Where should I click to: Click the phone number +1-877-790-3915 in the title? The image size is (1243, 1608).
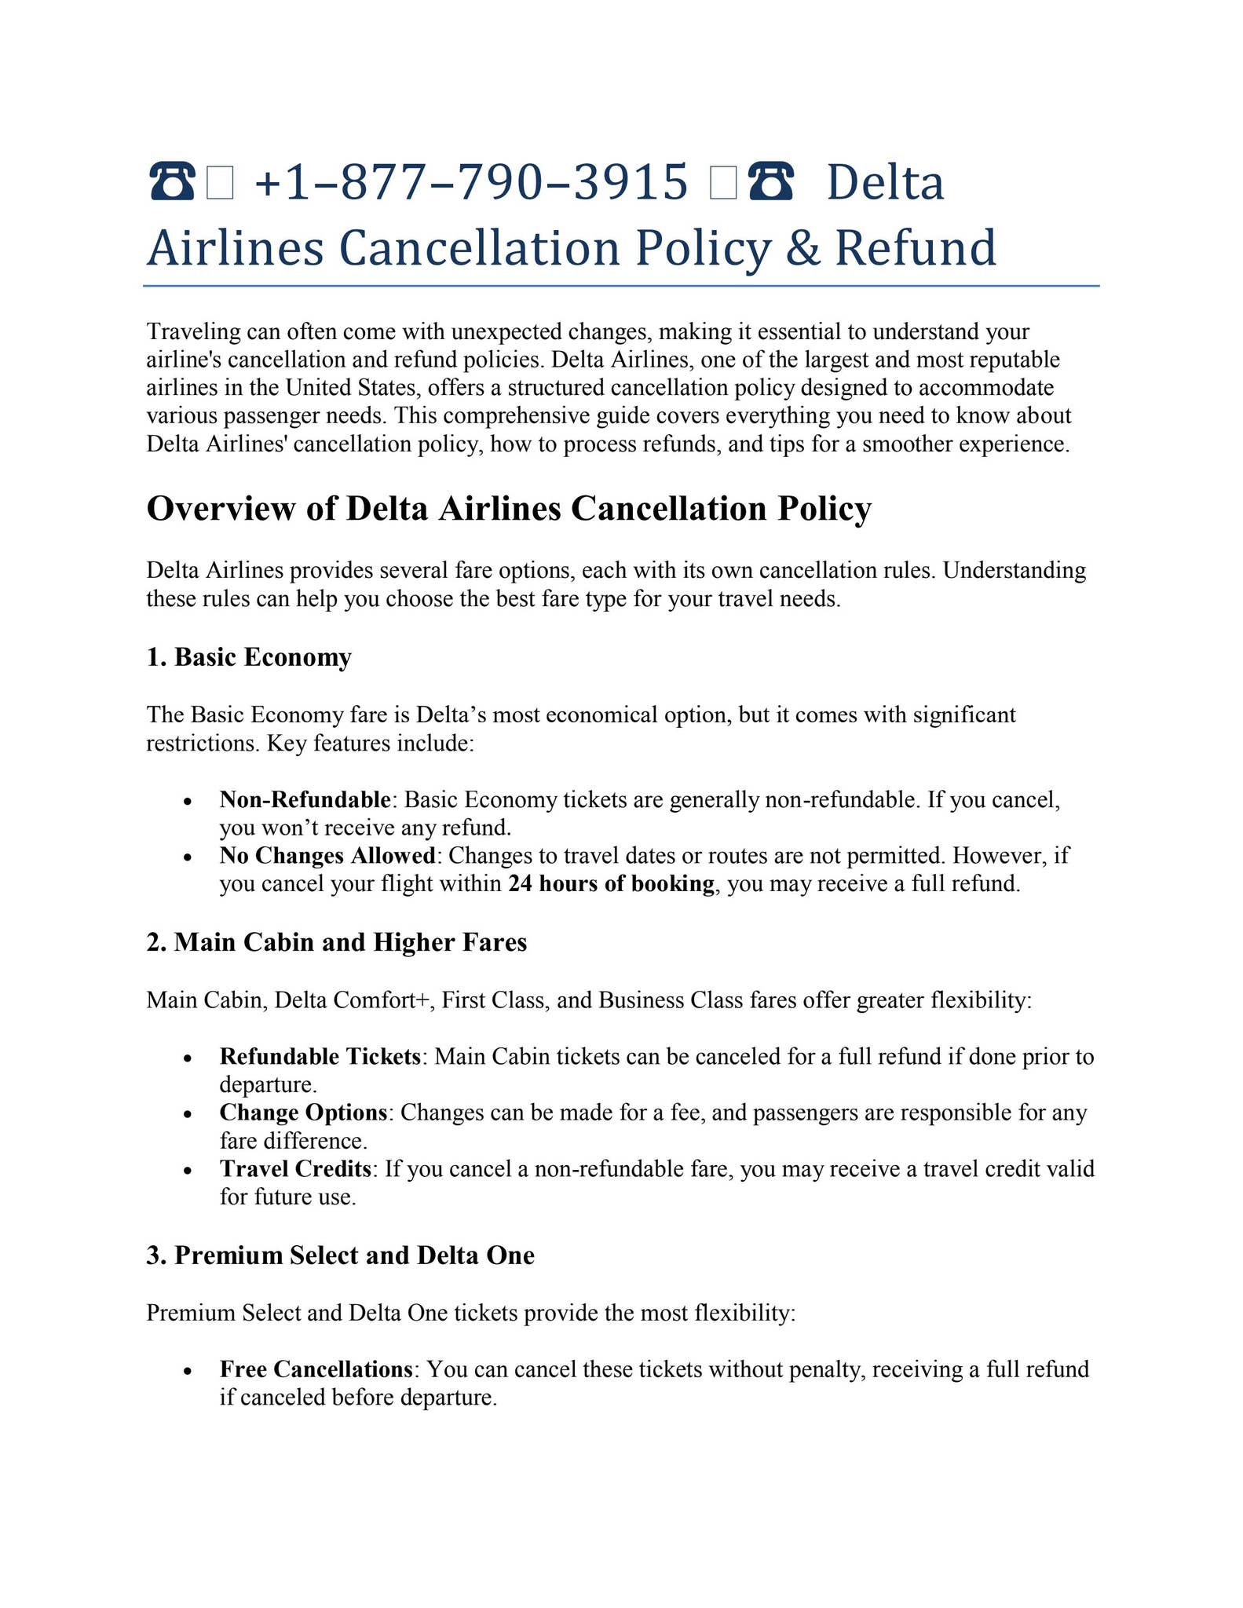471,182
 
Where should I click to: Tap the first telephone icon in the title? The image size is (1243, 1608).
171,182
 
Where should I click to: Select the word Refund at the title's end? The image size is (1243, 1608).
916,248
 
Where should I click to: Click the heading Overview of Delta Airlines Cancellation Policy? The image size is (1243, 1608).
509,508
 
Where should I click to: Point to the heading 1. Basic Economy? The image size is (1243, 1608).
249,656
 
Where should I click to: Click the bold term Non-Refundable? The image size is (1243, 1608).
305,799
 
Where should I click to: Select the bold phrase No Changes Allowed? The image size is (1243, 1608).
327,855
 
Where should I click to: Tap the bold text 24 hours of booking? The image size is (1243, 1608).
611,884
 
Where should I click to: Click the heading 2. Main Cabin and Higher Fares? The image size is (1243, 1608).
336,941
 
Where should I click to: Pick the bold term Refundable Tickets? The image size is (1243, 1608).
320,1056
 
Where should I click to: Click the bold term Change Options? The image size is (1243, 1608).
303,1113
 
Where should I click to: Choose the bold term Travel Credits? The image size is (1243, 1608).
295,1169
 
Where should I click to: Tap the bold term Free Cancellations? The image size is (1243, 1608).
316,1369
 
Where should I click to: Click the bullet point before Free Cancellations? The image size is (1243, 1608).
187,1372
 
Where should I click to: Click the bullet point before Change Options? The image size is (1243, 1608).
187,1115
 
